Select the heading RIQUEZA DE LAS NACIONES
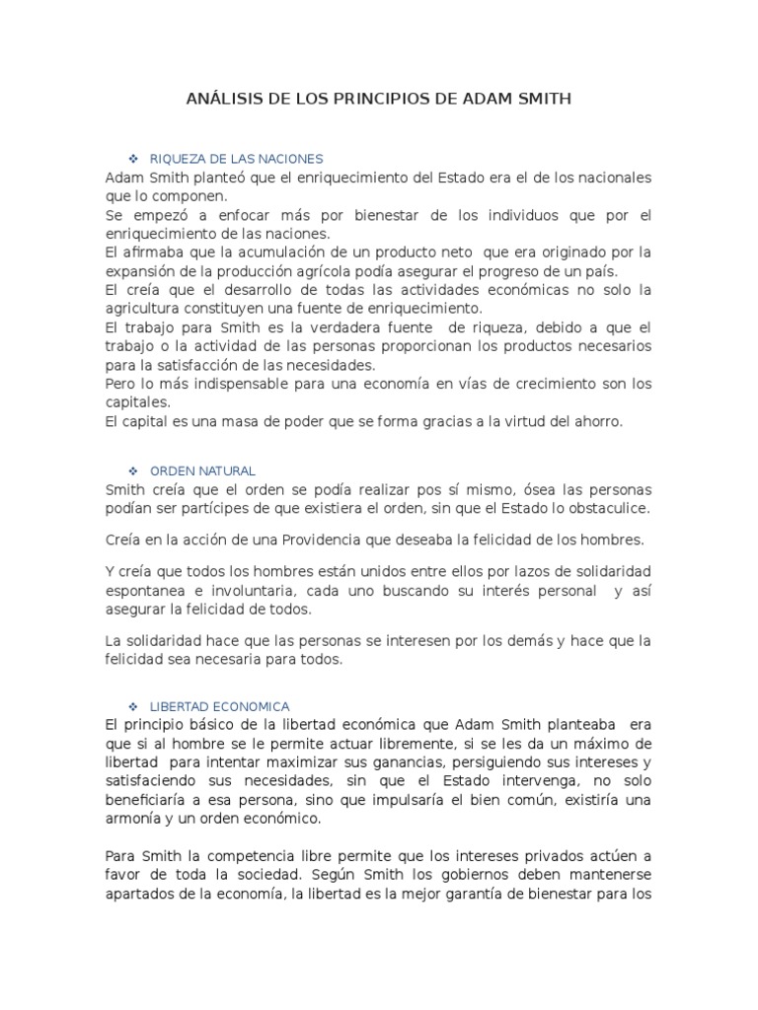point(236,159)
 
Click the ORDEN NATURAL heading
point(202,471)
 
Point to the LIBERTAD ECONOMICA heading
point(219,706)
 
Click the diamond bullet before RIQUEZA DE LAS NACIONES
point(131,159)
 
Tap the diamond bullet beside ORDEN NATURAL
point(131,471)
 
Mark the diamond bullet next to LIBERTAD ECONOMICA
point(131,706)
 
